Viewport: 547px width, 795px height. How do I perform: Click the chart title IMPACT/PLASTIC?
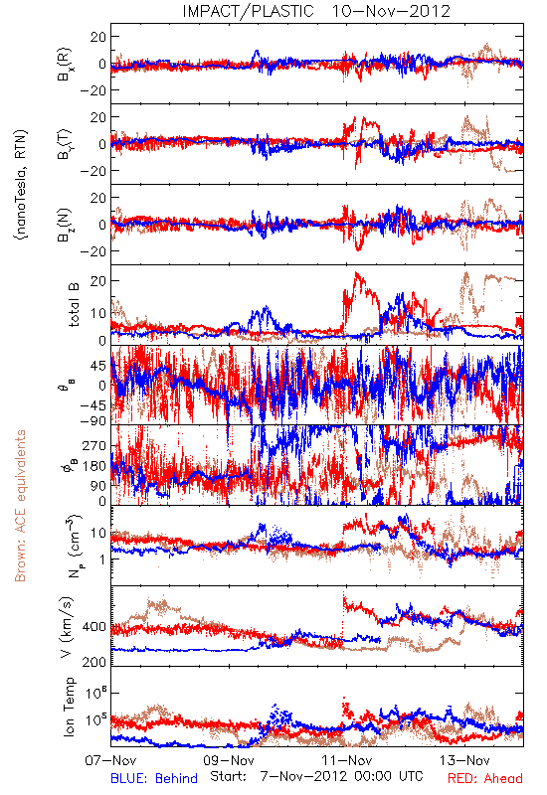[x=248, y=11]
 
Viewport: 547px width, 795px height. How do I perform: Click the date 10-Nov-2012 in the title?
[x=391, y=11]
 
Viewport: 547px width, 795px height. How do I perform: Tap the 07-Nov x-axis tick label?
[x=110, y=760]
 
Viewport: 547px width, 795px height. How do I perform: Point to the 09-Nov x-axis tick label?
[x=229, y=760]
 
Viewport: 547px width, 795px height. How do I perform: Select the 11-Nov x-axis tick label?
[x=346, y=760]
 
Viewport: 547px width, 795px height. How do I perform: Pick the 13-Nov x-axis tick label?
[x=464, y=760]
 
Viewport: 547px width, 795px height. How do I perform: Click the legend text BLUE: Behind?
[x=154, y=778]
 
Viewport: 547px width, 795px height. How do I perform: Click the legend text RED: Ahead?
[x=485, y=778]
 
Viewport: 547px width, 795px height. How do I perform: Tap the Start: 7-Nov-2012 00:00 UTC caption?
[x=316, y=776]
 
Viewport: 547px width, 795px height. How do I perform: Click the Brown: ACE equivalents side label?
[x=20, y=506]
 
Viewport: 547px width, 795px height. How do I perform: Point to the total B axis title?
[x=74, y=305]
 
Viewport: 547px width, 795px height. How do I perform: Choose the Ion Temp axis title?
[x=69, y=707]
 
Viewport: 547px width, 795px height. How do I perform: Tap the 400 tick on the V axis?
[x=93, y=627]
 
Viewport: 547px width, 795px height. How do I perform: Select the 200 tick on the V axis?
[x=93, y=662]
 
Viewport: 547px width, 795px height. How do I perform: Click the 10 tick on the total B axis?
[x=97, y=313]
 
